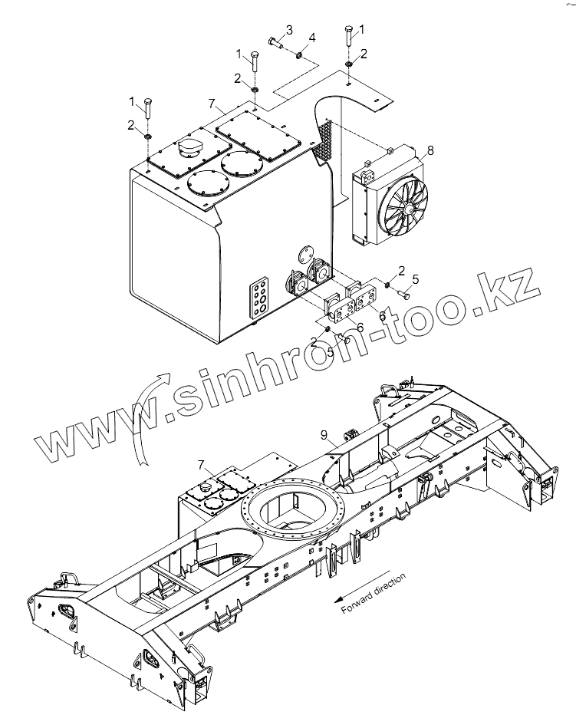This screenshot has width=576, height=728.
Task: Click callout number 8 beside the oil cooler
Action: coord(430,150)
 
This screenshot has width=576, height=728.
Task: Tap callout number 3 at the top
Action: coord(289,30)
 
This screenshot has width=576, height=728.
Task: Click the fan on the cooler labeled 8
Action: coord(405,206)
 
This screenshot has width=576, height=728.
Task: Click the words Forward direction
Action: coord(373,592)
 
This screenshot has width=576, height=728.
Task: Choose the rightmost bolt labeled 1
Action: coord(349,38)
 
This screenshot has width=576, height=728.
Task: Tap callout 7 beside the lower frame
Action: coord(201,465)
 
